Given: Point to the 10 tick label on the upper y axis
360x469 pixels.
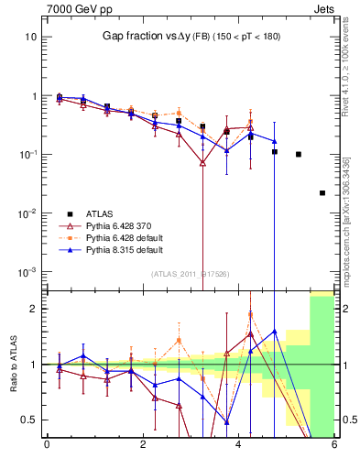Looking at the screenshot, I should tap(30, 37).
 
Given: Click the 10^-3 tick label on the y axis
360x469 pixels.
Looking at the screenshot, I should tap(27, 272).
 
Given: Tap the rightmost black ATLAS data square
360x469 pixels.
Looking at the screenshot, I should tap(322, 193).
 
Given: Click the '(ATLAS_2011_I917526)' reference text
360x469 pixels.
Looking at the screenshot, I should tap(189, 273).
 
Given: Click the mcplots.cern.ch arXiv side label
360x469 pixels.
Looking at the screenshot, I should tap(349, 211).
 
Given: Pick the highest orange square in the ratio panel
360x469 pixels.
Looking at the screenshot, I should tap(250, 315).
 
